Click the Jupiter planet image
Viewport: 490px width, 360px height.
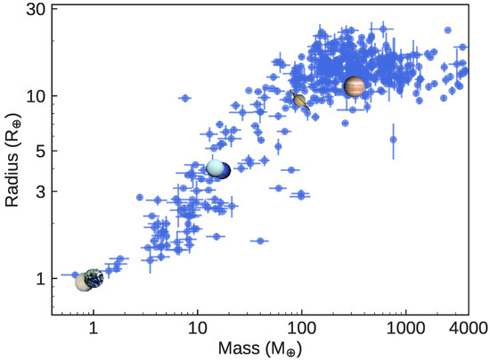[355, 86]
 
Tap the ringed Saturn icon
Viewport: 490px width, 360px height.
[300, 101]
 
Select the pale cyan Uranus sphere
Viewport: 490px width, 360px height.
[214, 168]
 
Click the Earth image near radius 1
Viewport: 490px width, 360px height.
[94, 279]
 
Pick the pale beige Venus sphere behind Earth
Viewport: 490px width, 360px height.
[84, 282]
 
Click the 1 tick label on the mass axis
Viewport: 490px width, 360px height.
[93, 328]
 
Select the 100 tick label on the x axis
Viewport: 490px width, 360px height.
[301, 328]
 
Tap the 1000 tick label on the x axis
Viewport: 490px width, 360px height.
[405, 328]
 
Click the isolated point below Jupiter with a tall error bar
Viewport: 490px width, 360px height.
[393, 139]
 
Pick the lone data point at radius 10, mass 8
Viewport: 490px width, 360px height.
[185, 98]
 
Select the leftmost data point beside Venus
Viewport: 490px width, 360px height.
[76, 275]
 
